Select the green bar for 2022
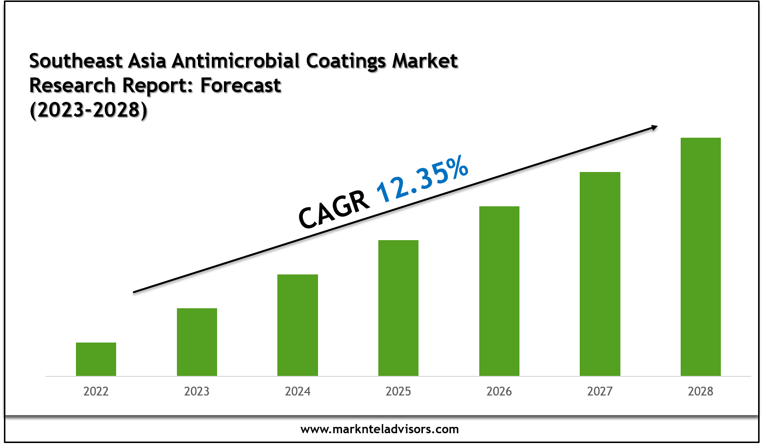tap(96, 359)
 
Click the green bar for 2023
tap(197, 342)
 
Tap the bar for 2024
tap(297, 325)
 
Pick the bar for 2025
tap(398, 308)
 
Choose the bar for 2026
tap(499, 291)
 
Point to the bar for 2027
tap(600, 274)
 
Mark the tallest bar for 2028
tap(700, 257)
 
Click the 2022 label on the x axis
tap(96, 391)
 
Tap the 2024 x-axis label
tap(297, 391)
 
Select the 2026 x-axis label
tap(499, 391)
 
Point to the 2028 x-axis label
tap(700, 391)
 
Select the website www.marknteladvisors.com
tap(380, 429)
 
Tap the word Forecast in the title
tap(241, 85)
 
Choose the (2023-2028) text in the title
tap(88, 110)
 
